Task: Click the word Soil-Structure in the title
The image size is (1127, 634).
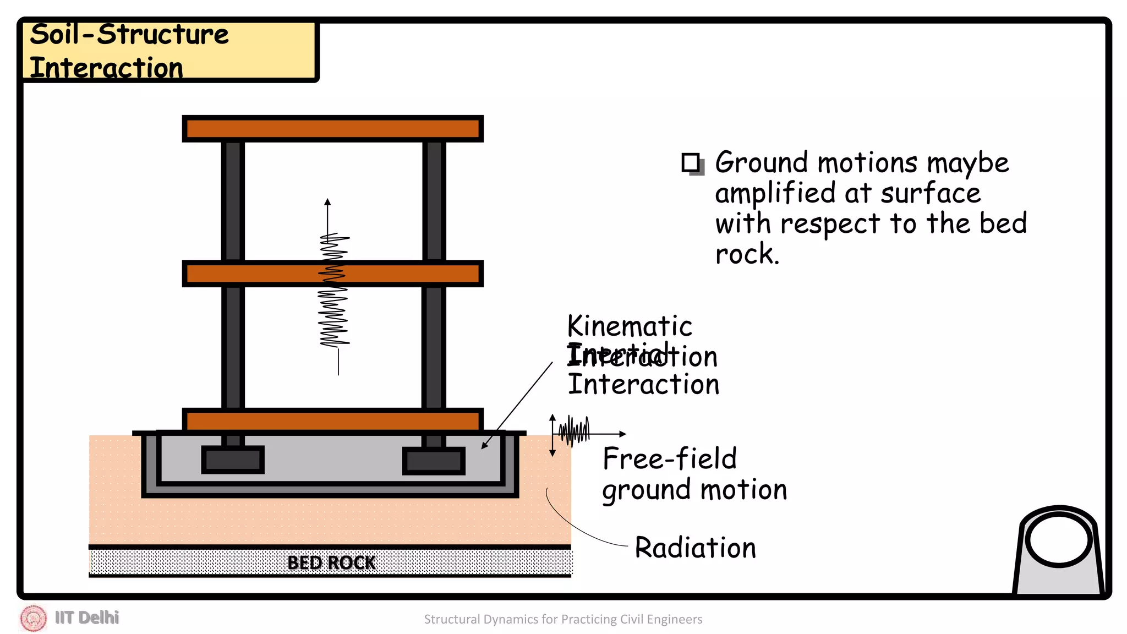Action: pyautogui.click(x=129, y=35)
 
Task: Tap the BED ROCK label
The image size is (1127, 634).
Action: pyautogui.click(x=331, y=562)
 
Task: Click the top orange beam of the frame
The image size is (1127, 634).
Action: pyautogui.click(x=332, y=129)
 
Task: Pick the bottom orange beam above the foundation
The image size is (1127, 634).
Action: pyautogui.click(x=332, y=421)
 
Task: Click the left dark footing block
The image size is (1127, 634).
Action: pyautogui.click(x=233, y=460)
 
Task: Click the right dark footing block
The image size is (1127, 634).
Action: pyautogui.click(x=434, y=461)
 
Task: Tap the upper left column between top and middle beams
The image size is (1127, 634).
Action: pyautogui.click(x=233, y=201)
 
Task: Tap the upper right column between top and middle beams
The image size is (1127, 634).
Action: pyautogui.click(x=434, y=201)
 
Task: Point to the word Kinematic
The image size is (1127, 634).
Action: pyautogui.click(x=630, y=326)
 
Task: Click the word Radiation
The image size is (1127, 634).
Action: pyautogui.click(x=695, y=548)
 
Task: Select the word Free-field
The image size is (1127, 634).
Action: pyautogui.click(x=669, y=459)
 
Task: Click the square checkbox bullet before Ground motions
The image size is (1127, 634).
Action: pyautogui.click(x=691, y=163)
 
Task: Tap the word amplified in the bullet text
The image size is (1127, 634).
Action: pyautogui.click(x=775, y=194)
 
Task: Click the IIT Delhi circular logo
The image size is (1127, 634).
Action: pyautogui.click(x=34, y=618)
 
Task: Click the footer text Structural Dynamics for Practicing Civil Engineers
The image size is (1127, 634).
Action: pyautogui.click(x=563, y=619)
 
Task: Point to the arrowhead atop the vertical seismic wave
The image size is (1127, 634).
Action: pyautogui.click(x=327, y=202)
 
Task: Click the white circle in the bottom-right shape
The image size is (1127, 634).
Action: pyautogui.click(x=1058, y=540)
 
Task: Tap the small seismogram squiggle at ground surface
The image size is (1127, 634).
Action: pyautogui.click(x=574, y=432)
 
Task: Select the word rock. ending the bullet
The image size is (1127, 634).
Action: pyautogui.click(x=747, y=255)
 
